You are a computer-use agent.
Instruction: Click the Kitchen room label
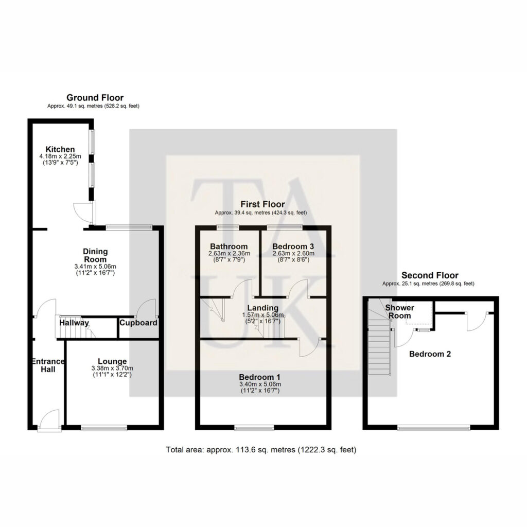[60, 149]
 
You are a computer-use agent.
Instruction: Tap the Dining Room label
[95, 255]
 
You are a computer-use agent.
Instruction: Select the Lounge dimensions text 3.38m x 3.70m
[112, 368]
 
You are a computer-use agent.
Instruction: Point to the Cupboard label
[138, 323]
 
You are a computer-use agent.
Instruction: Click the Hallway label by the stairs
[74, 323]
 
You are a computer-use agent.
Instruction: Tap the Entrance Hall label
[48, 365]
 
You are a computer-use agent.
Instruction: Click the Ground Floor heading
[95, 97]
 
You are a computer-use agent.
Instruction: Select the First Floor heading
[262, 204]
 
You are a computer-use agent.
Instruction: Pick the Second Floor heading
[430, 275]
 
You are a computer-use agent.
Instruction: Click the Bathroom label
[229, 247]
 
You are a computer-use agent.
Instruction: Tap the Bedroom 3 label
[293, 247]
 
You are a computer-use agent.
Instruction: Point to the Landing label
[263, 308]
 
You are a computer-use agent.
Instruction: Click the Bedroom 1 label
[259, 377]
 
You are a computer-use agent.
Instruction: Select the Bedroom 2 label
[430, 354]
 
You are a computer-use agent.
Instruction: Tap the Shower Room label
[399, 311]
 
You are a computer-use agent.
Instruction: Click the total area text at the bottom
[261, 450]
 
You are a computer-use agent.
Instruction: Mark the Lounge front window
[104, 428]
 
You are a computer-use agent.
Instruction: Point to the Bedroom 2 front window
[433, 428]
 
